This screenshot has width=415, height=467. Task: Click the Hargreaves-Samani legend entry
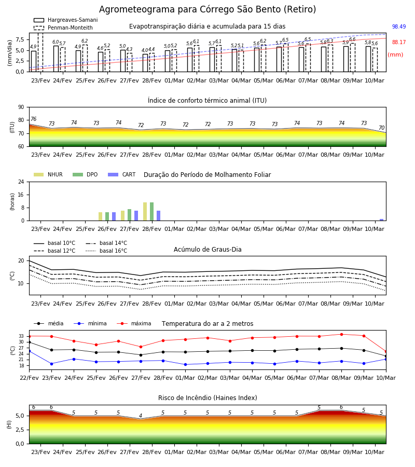[65, 20]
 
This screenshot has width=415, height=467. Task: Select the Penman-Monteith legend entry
[63, 28]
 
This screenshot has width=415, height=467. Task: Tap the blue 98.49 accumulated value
[399, 26]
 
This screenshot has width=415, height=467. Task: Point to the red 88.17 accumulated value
[399, 43]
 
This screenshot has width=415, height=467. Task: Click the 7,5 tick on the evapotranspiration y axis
[20, 39]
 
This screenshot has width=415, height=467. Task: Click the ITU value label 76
[34, 119]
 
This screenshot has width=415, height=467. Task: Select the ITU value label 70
[381, 128]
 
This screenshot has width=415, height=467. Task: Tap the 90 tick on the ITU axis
[21, 107]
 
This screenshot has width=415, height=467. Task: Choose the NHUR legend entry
[48, 174]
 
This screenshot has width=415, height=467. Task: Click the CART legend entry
[122, 174]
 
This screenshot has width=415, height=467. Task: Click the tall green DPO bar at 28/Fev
[152, 212]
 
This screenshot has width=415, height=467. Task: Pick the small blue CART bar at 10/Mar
[382, 220]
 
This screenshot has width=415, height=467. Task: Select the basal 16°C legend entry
[106, 251]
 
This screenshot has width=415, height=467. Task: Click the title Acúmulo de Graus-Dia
[208, 250]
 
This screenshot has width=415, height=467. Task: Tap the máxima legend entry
[134, 323]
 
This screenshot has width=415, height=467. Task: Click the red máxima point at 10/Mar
[386, 352]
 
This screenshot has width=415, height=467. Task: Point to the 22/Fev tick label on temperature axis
[29, 378]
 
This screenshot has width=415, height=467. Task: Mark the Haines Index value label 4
[141, 416]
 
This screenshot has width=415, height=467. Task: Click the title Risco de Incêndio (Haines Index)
[208, 398]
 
